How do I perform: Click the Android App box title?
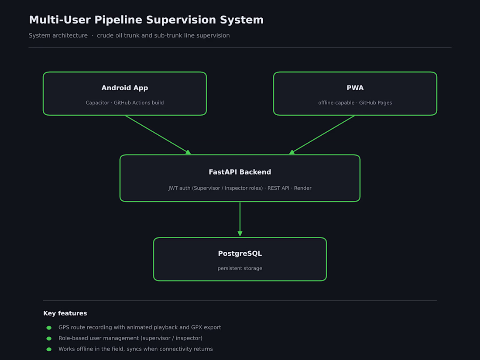(125, 88)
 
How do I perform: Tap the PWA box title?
(355, 88)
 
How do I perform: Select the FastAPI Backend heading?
(240, 172)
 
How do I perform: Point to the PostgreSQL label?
(240, 254)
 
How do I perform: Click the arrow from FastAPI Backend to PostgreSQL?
(240, 219)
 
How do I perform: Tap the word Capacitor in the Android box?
(97, 103)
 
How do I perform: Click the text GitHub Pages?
(375, 103)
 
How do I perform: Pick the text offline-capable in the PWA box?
(336, 103)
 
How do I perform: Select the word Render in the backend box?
(302, 188)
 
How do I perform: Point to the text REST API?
(278, 188)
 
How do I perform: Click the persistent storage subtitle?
(240, 268)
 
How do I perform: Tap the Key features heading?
(65, 313)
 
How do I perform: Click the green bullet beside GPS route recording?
(49, 328)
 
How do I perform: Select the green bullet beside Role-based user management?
(49, 338)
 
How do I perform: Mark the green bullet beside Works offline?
(49, 349)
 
